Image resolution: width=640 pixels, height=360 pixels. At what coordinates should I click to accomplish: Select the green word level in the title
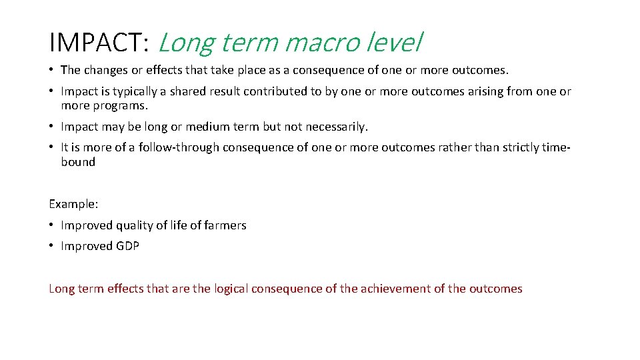[397, 43]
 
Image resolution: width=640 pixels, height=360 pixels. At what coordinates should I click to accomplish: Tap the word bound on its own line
[78, 162]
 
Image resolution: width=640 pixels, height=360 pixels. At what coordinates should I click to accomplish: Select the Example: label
[73, 205]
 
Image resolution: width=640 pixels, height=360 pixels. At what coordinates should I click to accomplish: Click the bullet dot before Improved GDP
[52, 246]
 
